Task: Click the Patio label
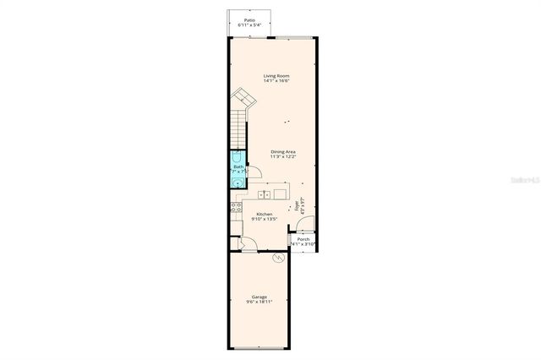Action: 249,19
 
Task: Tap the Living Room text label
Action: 276,76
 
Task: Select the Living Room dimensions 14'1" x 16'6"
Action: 276,82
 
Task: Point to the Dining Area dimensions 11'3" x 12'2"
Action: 282,157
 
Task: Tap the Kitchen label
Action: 264,214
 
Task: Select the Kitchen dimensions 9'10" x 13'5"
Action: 264,220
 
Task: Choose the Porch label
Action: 303,239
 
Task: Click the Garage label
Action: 260,297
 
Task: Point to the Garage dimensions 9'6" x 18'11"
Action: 260,303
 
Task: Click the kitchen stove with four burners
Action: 233,208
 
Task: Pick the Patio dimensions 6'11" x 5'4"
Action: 249,25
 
